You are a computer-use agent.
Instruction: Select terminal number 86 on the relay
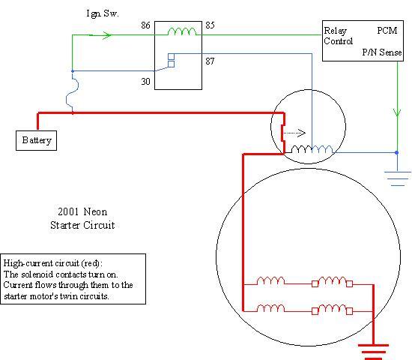[145, 25]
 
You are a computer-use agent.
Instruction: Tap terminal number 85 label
[210, 25]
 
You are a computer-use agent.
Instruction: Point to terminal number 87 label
[210, 61]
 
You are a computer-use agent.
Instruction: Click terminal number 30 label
[145, 82]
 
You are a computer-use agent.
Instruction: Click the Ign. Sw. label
[103, 13]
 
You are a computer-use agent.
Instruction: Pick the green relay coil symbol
[182, 31]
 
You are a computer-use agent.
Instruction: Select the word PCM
[387, 31]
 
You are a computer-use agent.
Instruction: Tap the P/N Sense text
[382, 52]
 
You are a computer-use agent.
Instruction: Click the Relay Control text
[338, 36]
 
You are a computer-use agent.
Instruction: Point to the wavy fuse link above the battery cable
[72, 92]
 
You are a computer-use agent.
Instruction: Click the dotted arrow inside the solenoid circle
[294, 133]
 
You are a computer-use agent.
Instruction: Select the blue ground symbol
[397, 178]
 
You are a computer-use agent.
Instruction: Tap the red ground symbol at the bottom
[373, 352]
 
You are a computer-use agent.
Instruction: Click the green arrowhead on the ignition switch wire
[106, 35]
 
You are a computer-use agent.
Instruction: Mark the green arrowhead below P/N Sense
[397, 112]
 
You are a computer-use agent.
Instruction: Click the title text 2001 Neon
[82, 211]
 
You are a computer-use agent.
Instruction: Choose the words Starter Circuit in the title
[82, 225]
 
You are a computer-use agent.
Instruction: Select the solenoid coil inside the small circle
[312, 149]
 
